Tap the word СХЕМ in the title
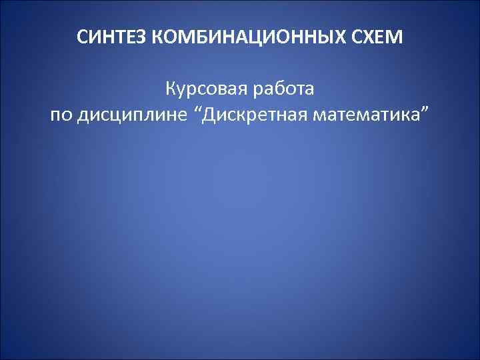click(379, 37)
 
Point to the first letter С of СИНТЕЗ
click(81, 37)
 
